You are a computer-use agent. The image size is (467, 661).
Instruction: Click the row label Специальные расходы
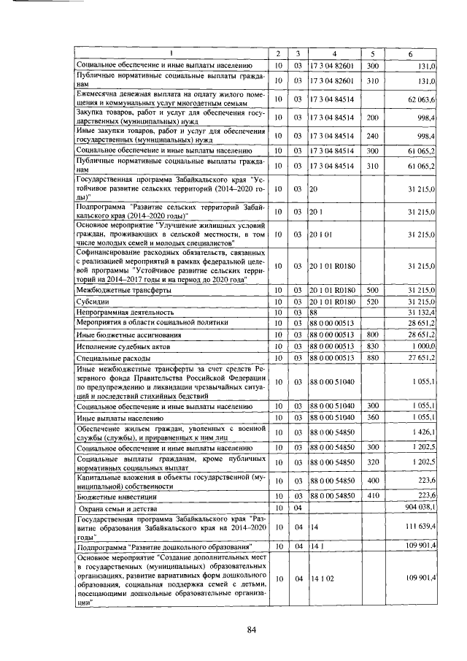[112, 358]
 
